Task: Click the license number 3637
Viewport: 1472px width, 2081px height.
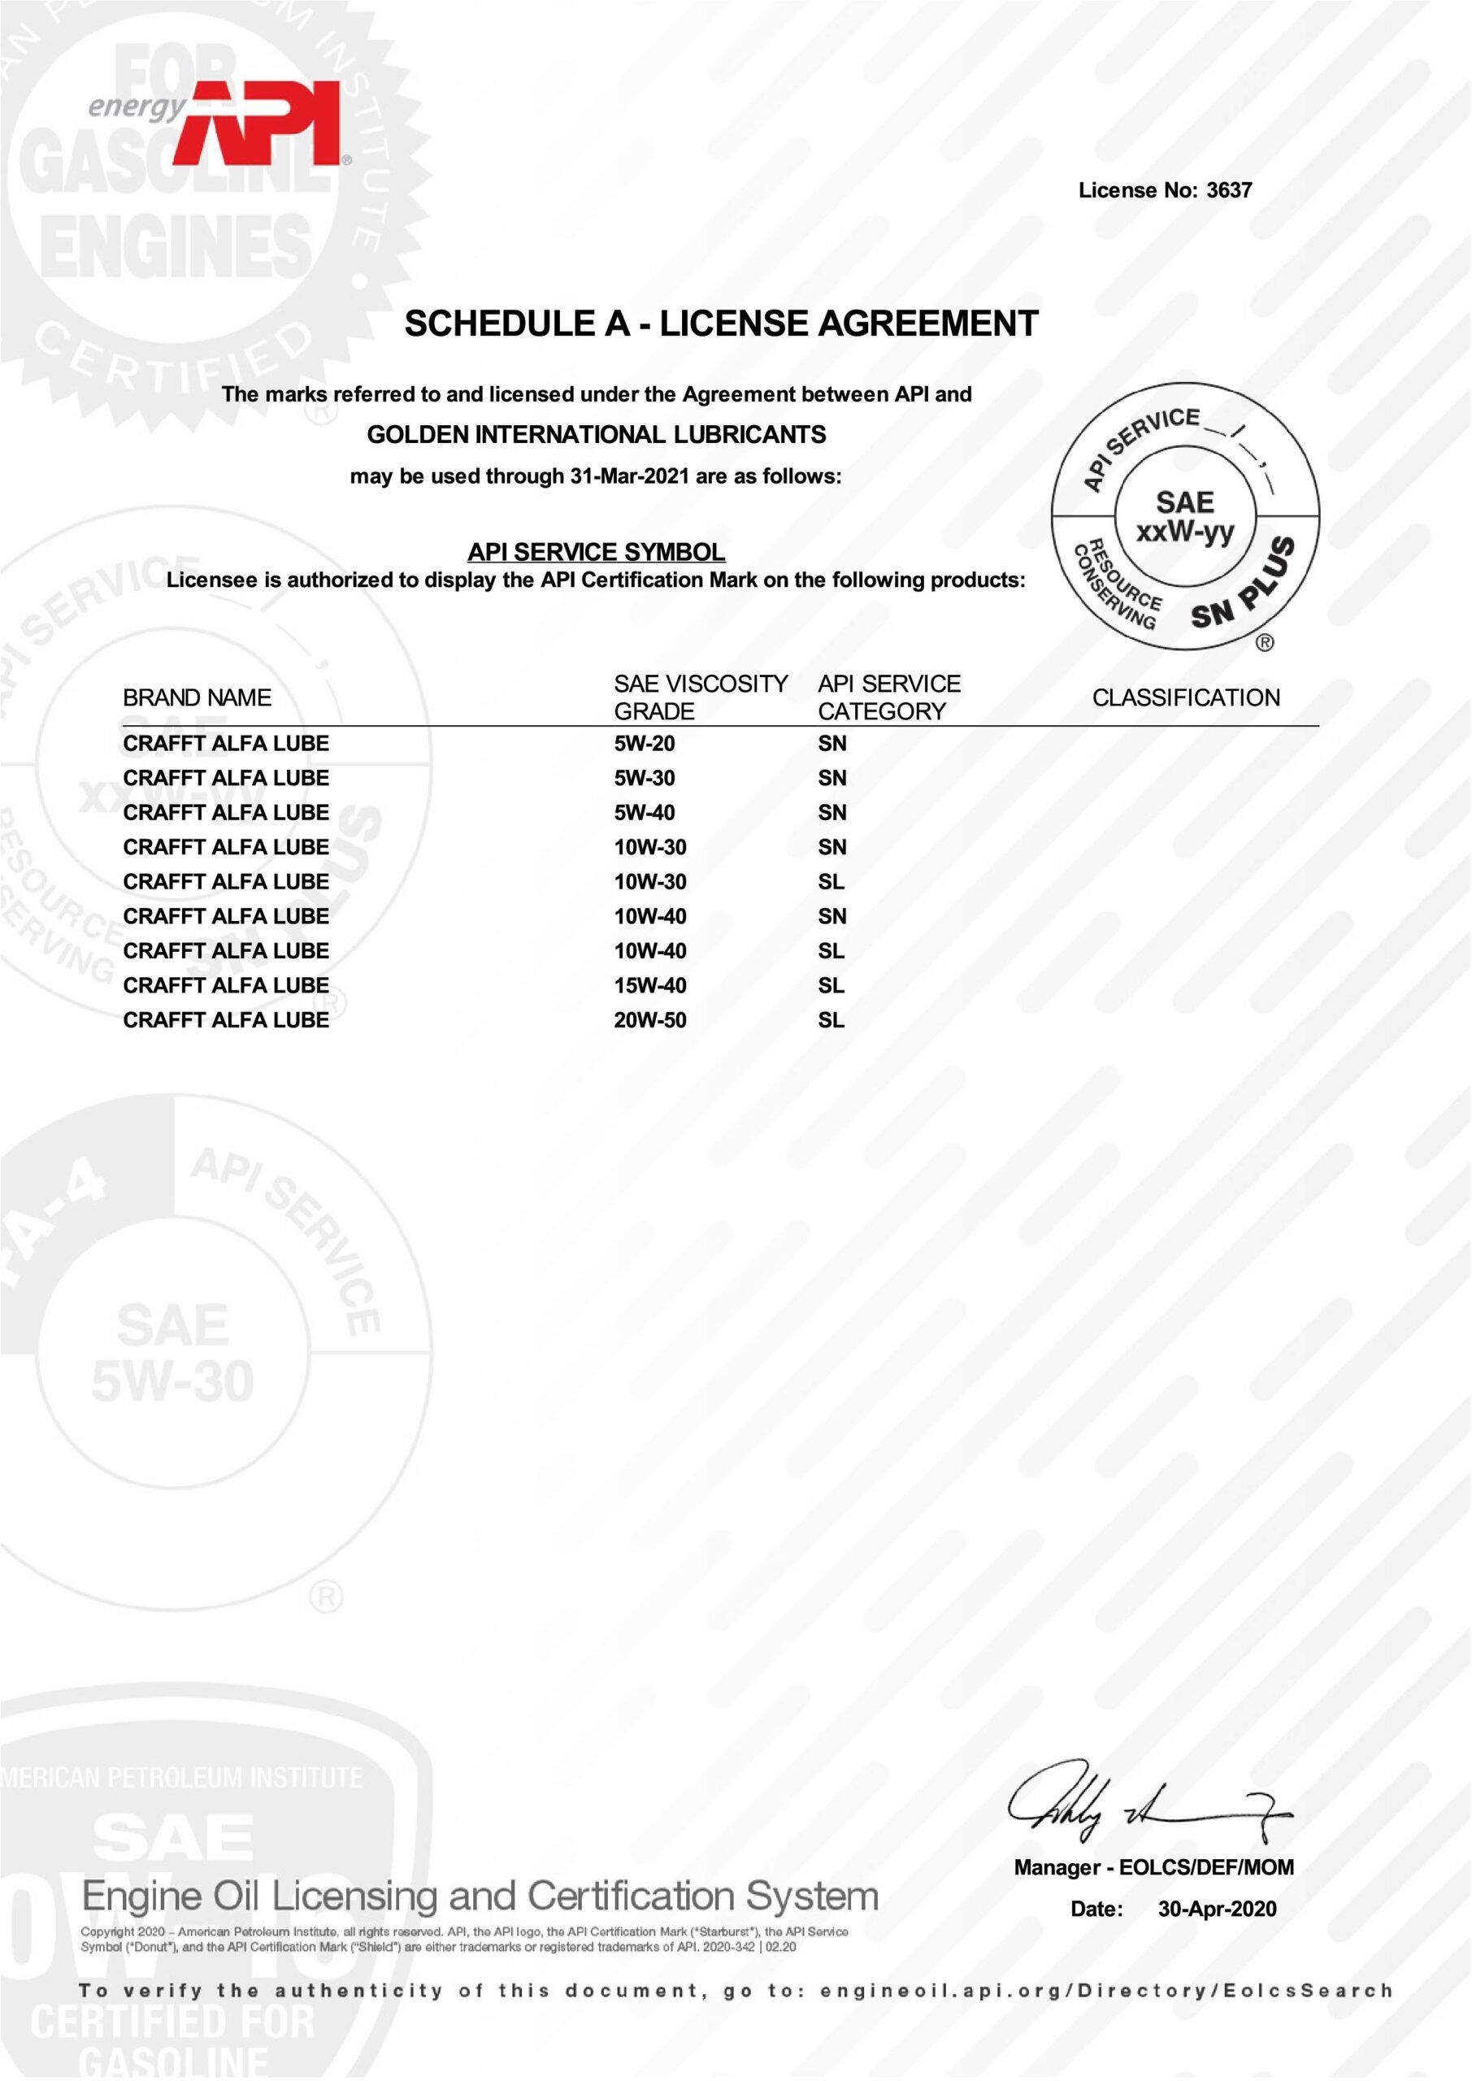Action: pyautogui.click(x=1229, y=190)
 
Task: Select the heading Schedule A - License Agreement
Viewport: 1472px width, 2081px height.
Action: pyautogui.click(x=722, y=324)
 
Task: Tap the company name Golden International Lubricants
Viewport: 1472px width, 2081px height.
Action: pyautogui.click(x=597, y=435)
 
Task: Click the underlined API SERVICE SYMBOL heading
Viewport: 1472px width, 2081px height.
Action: pyautogui.click(x=597, y=551)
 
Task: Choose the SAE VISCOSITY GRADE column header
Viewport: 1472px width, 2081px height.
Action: pyautogui.click(x=701, y=697)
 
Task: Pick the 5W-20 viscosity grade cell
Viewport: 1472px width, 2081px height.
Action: pyautogui.click(x=645, y=743)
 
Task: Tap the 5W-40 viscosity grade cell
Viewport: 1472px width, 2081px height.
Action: pyautogui.click(x=645, y=812)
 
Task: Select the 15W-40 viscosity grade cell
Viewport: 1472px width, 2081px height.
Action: pyautogui.click(x=650, y=985)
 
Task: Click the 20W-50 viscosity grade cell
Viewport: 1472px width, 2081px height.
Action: pyautogui.click(x=650, y=1019)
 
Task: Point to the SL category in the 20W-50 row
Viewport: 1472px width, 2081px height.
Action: pyautogui.click(x=832, y=1019)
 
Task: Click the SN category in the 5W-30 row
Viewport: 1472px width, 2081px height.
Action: pyautogui.click(x=832, y=778)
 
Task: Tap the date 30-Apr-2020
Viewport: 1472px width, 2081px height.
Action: pyautogui.click(x=1218, y=1909)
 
